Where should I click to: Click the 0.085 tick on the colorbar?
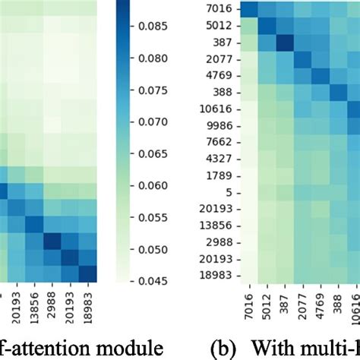click(x=153, y=27)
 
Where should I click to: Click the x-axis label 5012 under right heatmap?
click(x=265, y=305)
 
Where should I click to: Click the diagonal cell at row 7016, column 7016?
click(x=248, y=9)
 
